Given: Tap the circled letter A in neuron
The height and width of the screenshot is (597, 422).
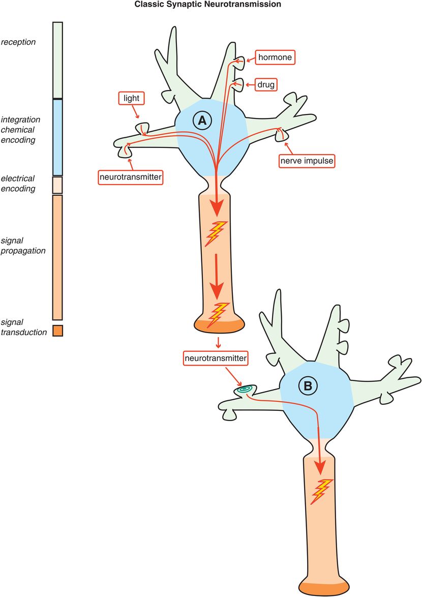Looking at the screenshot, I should click(x=202, y=121).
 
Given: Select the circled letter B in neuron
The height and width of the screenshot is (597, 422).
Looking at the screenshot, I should click(x=308, y=386).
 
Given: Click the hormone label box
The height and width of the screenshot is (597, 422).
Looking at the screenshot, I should click(x=275, y=57).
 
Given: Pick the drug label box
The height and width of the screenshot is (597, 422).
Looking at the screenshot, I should click(x=265, y=84).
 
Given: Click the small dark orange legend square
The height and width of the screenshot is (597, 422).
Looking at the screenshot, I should click(x=57, y=331).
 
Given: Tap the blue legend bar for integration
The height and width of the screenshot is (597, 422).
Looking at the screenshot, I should click(x=57, y=137).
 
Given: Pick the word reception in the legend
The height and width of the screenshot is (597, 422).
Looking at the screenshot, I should click(x=18, y=42).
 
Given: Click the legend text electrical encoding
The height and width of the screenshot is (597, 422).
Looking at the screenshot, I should click(x=18, y=184).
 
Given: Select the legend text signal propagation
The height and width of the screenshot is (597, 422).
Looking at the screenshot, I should click(x=23, y=245).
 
